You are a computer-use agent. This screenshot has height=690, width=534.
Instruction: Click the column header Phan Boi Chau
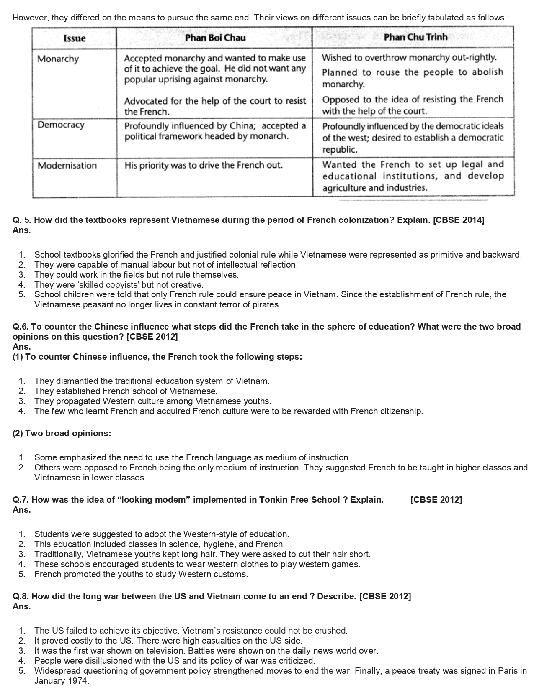point(215,38)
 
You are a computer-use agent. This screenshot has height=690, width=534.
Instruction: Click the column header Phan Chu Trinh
point(415,37)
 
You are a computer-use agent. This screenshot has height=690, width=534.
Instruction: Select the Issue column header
point(75,38)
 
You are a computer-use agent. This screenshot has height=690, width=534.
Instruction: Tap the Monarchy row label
point(58,59)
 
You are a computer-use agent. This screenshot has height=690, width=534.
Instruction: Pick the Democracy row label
point(61,125)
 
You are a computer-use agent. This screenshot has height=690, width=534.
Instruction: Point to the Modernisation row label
point(67,165)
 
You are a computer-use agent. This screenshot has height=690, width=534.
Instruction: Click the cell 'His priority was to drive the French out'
point(204,165)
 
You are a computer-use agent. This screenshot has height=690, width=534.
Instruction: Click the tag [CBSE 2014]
point(459,220)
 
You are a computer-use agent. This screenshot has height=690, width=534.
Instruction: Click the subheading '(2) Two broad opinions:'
point(62,433)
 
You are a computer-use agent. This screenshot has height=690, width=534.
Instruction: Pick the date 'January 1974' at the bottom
point(61,681)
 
